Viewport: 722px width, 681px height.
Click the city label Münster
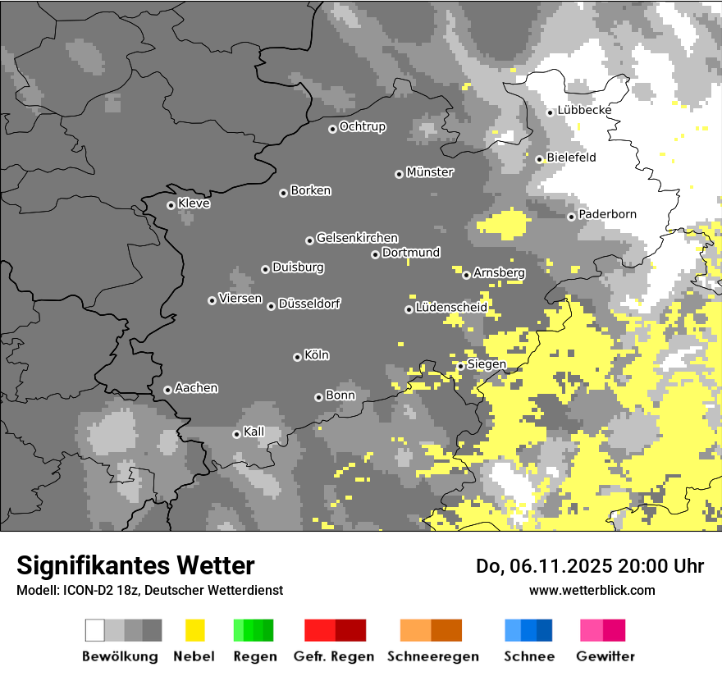point(430,172)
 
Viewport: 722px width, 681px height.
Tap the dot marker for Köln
point(297,357)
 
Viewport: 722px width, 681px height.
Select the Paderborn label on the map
point(607,214)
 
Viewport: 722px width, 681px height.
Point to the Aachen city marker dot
point(167,390)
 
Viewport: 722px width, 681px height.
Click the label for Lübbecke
point(584,110)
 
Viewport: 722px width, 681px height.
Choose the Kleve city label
point(194,203)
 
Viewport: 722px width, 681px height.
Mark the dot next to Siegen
point(461,366)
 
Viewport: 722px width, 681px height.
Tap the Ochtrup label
point(362,126)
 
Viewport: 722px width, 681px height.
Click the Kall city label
point(254,432)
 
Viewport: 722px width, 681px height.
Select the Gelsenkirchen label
point(357,238)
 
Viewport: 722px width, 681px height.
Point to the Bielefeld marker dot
point(540,159)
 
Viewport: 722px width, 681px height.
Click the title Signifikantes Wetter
point(135,565)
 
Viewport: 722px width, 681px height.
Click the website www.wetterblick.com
point(592,590)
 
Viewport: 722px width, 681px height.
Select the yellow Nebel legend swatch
point(194,630)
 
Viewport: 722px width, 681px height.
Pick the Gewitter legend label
point(605,656)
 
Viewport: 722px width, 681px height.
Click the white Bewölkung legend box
point(95,630)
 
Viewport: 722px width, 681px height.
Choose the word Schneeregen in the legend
point(432,656)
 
